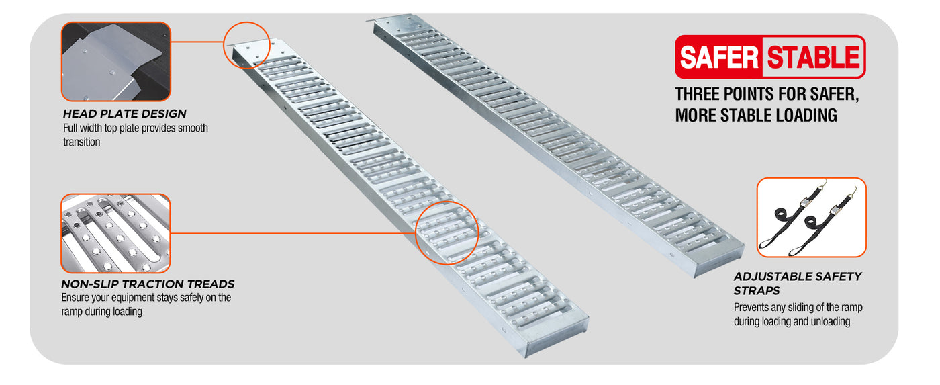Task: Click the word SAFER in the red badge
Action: (719, 57)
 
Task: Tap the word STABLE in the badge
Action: (813, 57)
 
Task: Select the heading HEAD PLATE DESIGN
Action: (125, 114)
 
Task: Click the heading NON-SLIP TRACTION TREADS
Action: (148, 284)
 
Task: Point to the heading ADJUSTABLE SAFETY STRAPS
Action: (798, 284)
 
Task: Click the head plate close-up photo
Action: (115, 62)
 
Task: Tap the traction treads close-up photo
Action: (115, 233)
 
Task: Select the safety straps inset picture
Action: (812, 218)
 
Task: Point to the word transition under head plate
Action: (81, 142)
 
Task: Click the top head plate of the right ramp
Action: (397, 23)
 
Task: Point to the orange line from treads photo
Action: (293, 233)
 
